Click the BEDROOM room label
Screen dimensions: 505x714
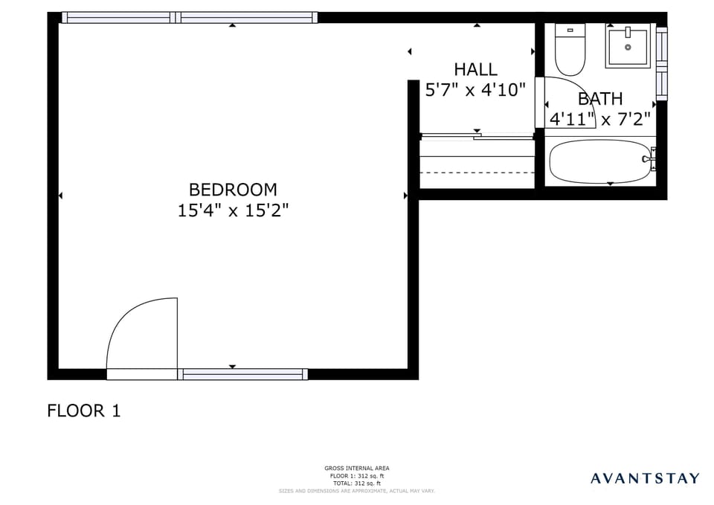(232, 190)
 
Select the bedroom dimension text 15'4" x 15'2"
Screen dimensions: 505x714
(232, 210)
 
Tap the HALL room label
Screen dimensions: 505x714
(475, 69)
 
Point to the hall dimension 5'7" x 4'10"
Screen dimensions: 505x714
(475, 90)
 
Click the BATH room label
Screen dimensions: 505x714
(600, 99)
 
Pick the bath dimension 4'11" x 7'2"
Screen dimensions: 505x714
(600, 118)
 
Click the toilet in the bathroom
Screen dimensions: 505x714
(570, 49)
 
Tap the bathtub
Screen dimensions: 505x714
(599, 161)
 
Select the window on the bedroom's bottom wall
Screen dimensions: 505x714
(244, 374)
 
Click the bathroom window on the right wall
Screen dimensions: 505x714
(661, 63)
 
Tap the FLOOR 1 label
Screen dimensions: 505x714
(83, 411)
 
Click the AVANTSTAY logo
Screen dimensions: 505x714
(645, 477)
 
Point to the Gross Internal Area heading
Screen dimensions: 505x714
(356, 469)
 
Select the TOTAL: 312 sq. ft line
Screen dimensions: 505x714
(356, 483)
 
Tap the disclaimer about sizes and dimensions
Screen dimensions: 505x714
(356, 491)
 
